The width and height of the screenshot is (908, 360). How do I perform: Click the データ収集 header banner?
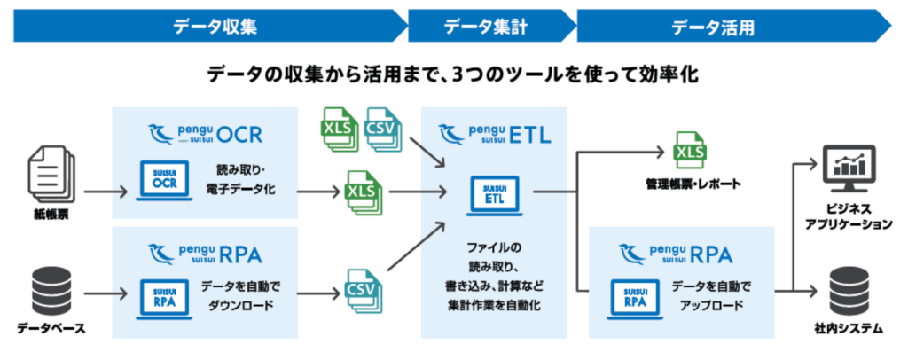pyautogui.click(x=204, y=26)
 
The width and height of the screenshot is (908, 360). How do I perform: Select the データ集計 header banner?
pyautogui.click(x=486, y=26)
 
